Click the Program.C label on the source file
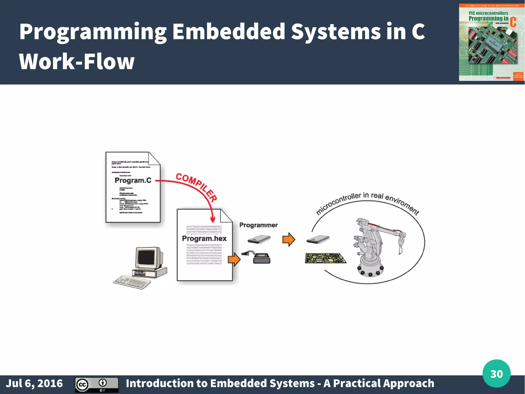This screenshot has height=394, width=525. pyautogui.click(x=133, y=180)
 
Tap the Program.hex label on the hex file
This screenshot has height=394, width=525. pyautogui.click(x=204, y=238)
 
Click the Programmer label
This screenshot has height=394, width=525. pyautogui.click(x=258, y=225)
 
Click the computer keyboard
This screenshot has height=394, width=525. pyautogui.click(x=132, y=282)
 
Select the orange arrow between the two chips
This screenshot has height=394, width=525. pyautogui.click(x=289, y=239)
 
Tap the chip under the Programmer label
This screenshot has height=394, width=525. pyautogui.click(x=259, y=239)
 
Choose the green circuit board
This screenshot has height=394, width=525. pyautogui.click(x=326, y=258)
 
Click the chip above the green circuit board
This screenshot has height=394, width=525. pyautogui.click(x=318, y=239)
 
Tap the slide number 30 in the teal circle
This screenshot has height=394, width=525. pyautogui.click(x=496, y=374)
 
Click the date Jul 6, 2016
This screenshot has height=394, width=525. pyautogui.click(x=34, y=383)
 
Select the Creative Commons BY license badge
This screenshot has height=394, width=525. pyautogui.click(x=97, y=385)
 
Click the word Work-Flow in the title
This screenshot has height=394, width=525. pyautogui.click(x=77, y=62)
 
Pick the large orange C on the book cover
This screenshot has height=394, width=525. pyautogui.click(x=513, y=22)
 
